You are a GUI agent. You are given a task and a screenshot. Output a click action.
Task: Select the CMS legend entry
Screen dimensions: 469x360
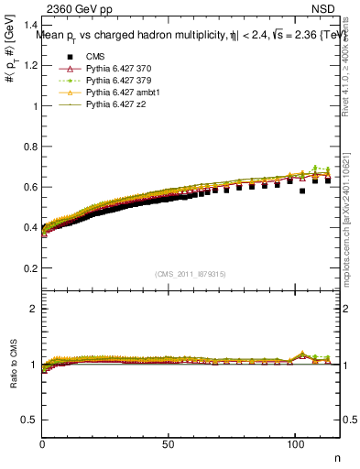point(95,57)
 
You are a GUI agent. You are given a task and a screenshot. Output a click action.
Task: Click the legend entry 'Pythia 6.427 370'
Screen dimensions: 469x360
point(115,69)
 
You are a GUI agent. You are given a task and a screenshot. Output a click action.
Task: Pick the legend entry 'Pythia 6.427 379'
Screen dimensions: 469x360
point(115,81)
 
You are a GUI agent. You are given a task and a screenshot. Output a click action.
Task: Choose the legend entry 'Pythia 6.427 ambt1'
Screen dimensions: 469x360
point(119,93)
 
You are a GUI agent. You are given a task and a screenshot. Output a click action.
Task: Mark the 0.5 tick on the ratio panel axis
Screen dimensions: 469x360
point(31,420)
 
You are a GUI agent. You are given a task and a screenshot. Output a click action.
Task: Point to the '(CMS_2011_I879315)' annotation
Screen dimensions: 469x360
point(191,274)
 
